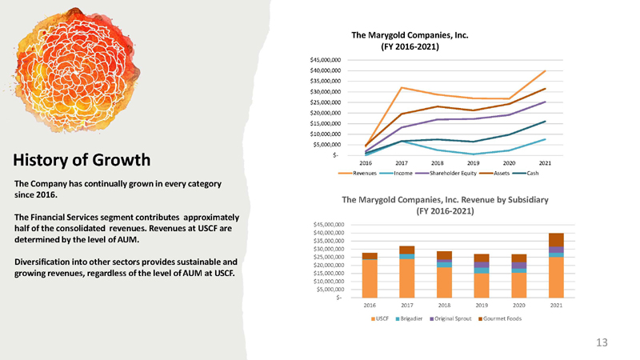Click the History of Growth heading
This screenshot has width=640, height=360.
82,160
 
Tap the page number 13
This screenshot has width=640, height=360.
602,342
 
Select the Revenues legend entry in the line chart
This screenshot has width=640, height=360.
358,174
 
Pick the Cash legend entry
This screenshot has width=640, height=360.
526,174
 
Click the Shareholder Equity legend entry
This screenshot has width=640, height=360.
446,174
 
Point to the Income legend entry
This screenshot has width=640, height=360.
396,174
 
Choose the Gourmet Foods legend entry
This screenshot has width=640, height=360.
500,318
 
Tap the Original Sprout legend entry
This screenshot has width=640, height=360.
450,318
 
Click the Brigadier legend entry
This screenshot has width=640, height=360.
410,318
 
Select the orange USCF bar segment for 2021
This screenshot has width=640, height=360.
556,278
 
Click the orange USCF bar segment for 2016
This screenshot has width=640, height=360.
370,278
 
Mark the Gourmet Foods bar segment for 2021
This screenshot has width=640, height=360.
556,240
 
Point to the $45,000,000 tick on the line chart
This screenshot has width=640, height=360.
326,60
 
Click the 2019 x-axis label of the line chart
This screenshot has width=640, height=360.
473,163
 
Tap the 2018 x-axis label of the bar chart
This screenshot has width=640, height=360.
444,306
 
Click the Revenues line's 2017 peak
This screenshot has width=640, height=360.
402,87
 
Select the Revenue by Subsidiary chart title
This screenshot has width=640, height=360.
445,206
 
